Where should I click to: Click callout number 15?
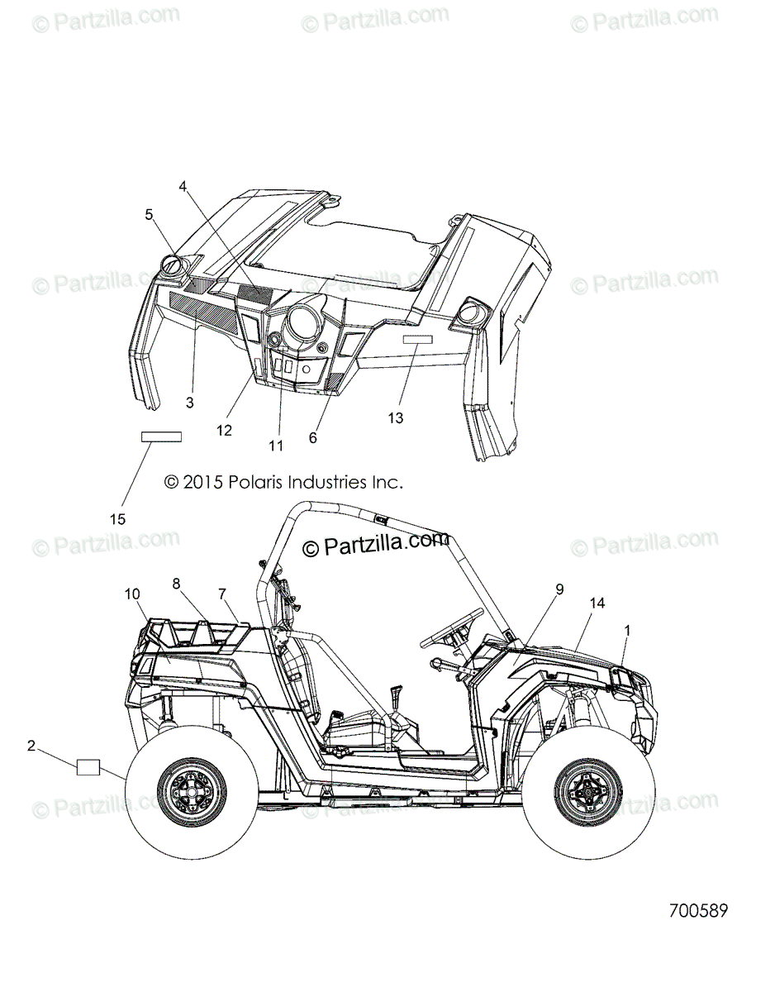[x=117, y=519]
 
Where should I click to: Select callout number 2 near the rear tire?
[x=31, y=746]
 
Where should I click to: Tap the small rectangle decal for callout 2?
[x=88, y=767]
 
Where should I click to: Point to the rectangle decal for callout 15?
[x=160, y=436]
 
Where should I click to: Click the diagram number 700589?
[x=698, y=911]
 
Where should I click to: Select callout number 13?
[x=396, y=418]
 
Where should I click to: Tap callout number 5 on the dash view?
[x=149, y=215]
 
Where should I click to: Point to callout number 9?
[x=559, y=589]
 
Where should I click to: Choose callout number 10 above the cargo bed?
[x=132, y=594]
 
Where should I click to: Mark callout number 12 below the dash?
[x=225, y=430]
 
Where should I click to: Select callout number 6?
[x=312, y=438]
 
